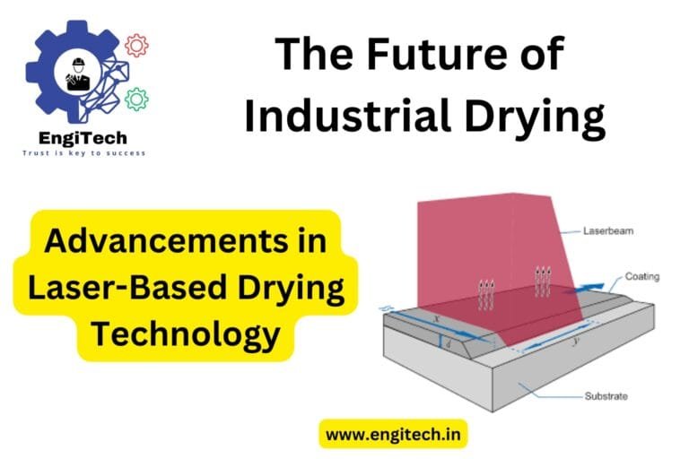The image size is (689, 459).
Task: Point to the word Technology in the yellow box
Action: (x=187, y=333)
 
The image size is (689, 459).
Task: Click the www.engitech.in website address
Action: (x=393, y=434)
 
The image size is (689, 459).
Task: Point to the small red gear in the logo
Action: (x=136, y=45)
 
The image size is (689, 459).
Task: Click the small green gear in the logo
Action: (x=136, y=98)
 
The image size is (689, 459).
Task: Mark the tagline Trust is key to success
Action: (x=83, y=153)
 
